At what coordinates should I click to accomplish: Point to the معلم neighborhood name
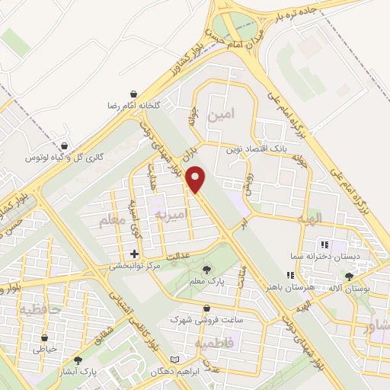tap(110, 221)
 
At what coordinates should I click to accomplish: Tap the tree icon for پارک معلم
tap(206, 269)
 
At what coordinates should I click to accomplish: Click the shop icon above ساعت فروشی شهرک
tap(207, 308)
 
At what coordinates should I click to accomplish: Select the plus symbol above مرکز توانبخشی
tap(135, 254)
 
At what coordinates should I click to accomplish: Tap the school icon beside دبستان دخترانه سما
tap(324, 245)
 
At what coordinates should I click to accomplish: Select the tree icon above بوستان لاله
tap(349, 277)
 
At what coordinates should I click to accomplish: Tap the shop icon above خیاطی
tap(45, 337)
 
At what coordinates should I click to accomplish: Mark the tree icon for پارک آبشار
tap(78, 360)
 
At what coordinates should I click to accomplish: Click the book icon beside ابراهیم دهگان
tap(176, 360)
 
